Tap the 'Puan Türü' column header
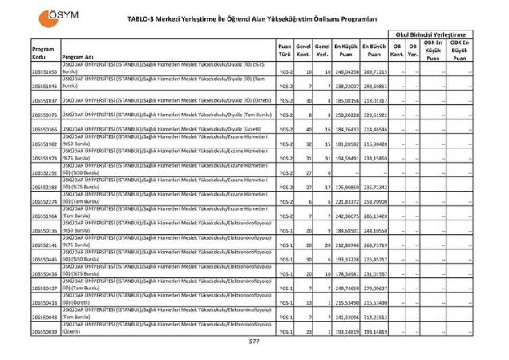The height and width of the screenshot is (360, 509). [x=285, y=51]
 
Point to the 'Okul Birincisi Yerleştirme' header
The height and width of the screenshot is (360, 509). [x=430, y=34]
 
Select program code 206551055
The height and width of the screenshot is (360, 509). [x=45, y=71]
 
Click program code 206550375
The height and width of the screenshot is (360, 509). [x=45, y=115]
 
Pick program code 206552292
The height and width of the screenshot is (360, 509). [x=45, y=172]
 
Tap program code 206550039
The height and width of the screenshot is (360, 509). [x=45, y=330]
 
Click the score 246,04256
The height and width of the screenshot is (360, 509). [x=345, y=71]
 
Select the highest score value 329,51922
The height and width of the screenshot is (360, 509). [x=374, y=115]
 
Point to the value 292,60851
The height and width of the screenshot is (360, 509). [x=374, y=86]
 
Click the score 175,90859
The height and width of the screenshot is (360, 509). [x=345, y=187]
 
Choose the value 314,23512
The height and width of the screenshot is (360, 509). [x=374, y=317]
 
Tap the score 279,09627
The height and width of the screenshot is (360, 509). [x=374, y=288]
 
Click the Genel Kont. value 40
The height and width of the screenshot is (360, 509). [x=309, y=129]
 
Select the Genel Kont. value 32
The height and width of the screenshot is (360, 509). [x=309, y=144]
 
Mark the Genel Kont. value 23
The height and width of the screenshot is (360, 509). [x=309, y=330]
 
